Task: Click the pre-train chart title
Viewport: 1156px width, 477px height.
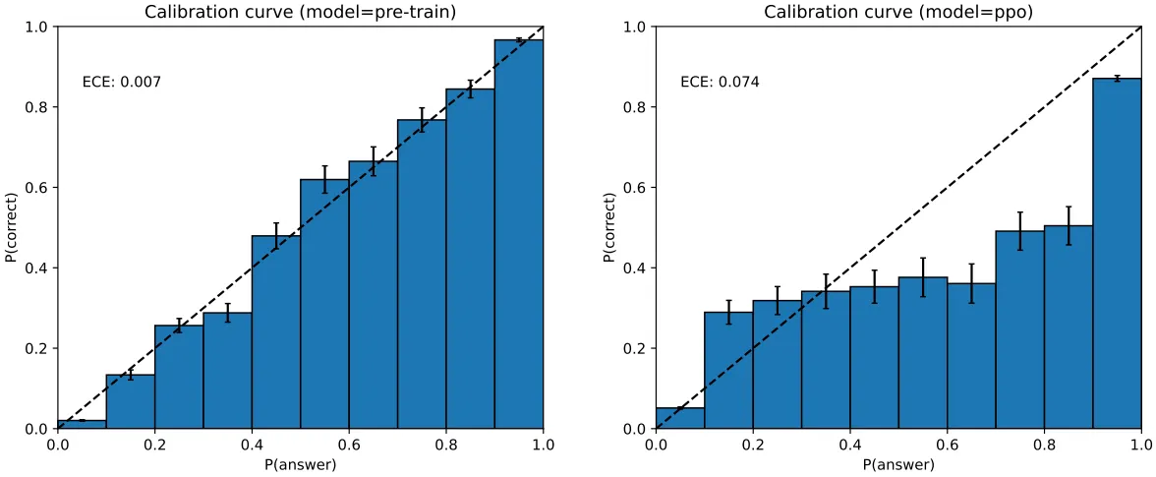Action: [x=300, y=12]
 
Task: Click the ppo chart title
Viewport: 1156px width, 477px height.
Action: [x=897, y=12]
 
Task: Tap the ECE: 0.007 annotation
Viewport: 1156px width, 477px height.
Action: [x=121, y=83]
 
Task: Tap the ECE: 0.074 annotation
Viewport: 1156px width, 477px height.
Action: [x=720, y=83]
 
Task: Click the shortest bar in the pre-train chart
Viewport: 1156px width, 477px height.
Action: [x=82, y=424]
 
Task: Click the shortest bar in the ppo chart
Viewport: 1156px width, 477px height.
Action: [x=680, y=418]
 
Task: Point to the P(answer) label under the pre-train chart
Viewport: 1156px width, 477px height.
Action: [x=300, y=464]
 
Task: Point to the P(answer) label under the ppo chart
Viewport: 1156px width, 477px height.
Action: [x=898, y=464]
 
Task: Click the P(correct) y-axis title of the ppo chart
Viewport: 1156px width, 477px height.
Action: [x=610, y=227]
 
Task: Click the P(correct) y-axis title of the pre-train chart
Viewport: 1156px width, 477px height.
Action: [x=12, y=227]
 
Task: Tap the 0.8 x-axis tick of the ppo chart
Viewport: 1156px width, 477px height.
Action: [x=1044, y=445]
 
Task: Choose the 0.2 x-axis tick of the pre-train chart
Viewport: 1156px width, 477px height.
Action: [x=154, y=445]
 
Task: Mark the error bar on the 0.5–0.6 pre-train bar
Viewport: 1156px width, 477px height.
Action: [x=324, y=179]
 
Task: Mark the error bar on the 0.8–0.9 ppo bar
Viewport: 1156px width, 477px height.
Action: [x=1069, y=225]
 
